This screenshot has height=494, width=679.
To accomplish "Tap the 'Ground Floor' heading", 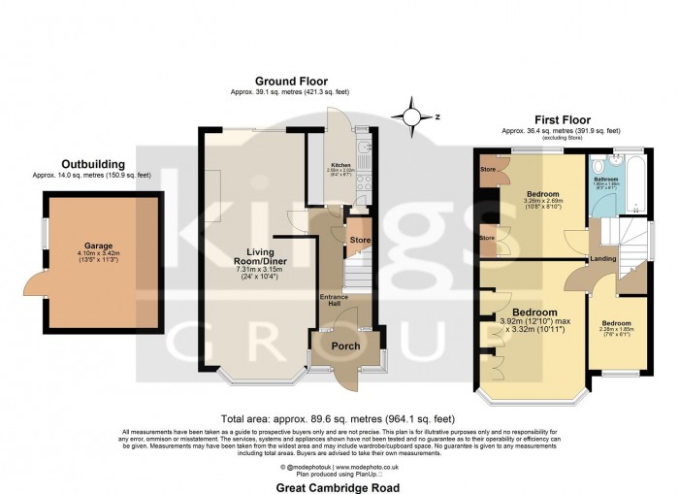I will coord(291,82).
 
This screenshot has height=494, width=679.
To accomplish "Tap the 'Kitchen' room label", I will coord(340,165).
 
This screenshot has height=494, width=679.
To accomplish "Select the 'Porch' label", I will coord(346,346).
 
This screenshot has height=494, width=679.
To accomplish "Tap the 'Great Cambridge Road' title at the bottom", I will coord(339,488).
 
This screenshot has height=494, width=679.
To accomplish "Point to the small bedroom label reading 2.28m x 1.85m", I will coord(615,328).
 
